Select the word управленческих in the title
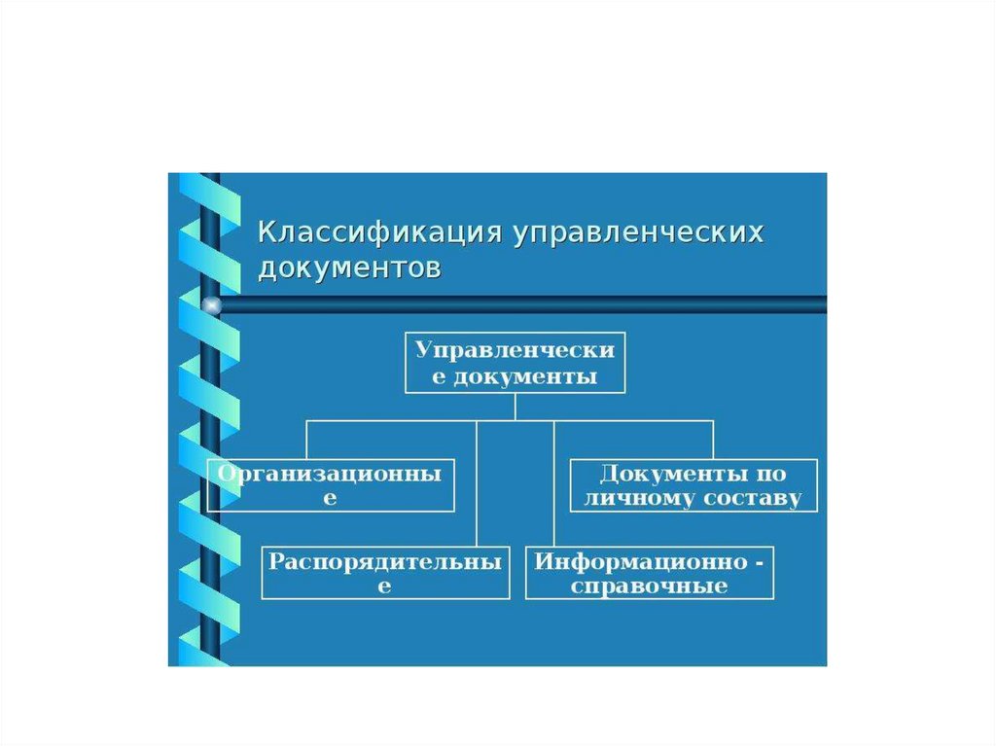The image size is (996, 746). pos(639,233)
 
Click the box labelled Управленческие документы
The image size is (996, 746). pos(515,362)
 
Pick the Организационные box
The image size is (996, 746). pos(331,485)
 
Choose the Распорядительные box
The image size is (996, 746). pos(385,573)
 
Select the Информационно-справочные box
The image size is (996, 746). pos(650,573)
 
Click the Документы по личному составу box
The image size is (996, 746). pos(694,485)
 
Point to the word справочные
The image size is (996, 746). pos(650,586)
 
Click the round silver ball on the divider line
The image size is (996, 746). pos(211,305)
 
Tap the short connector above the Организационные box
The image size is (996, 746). pos(306,440)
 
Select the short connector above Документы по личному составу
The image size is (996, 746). pos(713,440)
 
